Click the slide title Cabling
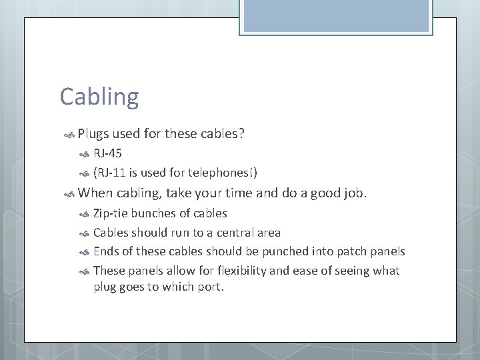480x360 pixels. coord(99,97)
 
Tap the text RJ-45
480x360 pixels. coord(107,154)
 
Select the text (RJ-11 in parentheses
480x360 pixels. coord(110,173)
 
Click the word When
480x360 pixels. coord(95,194)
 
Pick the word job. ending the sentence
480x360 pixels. coord(353,194)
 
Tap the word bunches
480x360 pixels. coord(151,213)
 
